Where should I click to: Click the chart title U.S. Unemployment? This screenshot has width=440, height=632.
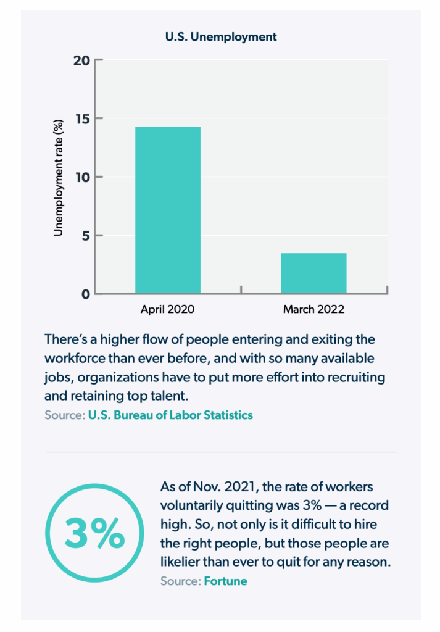coord(221,37)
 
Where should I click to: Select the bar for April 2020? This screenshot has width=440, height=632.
coord(168,210)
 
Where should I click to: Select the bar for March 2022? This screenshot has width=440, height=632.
coord(313,273)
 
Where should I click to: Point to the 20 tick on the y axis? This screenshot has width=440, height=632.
coord(82,60)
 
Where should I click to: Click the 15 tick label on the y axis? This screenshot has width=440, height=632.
coord(82,118)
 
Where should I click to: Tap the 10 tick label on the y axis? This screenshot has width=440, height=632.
coord(82,177)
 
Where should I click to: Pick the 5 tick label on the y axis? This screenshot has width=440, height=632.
coord(85,235)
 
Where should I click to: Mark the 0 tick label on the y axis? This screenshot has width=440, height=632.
coord(85,294)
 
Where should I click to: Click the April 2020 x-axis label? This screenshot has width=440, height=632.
coord(168,309)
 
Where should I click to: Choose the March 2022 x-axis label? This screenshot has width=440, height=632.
coord(313,309)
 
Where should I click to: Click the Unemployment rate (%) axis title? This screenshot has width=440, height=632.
coord(59,177)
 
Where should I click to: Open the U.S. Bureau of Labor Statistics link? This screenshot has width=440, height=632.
coord(170,415)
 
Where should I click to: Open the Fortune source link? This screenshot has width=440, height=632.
coord(225,581)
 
